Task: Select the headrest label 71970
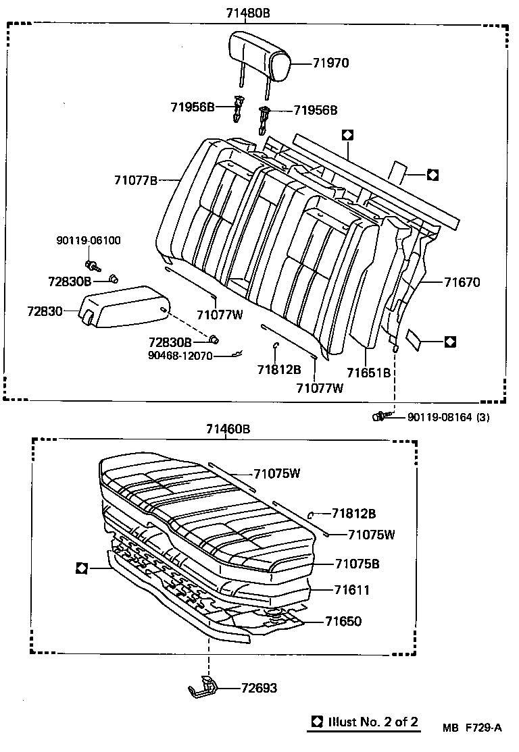(x=330, y=63)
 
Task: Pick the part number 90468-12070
(x=181, y=355)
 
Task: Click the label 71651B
(x=369, y=373)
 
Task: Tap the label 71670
(x=462, y=282)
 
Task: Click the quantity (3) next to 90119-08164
(x=483, y=417)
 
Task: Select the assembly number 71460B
(x=228, y=429)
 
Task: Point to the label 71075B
(x=357, y=564)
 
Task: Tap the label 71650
(x=343, y=621)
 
